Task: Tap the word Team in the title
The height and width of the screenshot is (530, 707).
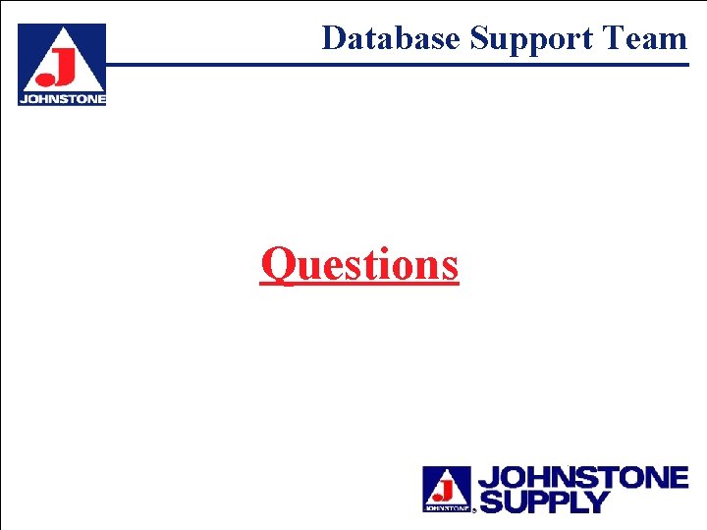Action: [x=645, y=38]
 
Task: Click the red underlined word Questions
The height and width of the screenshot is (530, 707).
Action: [x=359, y=263]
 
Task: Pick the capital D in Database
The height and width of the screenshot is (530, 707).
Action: [x=334, y=38]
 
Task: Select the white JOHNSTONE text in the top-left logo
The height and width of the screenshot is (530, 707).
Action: [x=62, y=98]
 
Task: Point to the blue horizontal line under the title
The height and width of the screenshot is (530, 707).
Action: [x=393, y=65]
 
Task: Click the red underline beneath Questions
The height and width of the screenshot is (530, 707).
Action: [x=359, y=284]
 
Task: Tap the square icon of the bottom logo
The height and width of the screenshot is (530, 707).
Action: [x=447, y=489]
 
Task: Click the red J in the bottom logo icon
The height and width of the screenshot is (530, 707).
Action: [x=449, y=485]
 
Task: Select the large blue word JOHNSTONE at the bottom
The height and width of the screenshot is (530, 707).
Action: [x=582, y=478]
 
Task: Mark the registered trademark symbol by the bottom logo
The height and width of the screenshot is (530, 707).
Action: [x=474, y=510]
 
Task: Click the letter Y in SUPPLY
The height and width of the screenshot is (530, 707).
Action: [x=597, y=502]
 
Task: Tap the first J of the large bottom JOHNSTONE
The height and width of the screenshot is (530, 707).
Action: [x=487, y=478]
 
